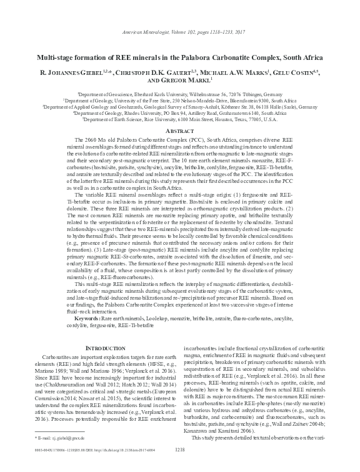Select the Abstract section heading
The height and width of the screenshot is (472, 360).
pos(179,132)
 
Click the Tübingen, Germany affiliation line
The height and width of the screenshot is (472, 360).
pos(179,92)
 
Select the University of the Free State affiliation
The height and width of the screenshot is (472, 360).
pos(179,99)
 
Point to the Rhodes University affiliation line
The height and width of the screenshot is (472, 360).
pos(179,114)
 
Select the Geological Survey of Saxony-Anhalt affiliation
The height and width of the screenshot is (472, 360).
pos(179,107)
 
